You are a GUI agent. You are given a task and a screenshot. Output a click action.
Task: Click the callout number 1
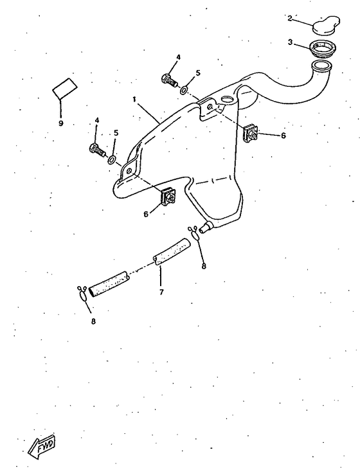coord(134,99)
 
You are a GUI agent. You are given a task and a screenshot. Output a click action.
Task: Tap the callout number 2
coord(289,18)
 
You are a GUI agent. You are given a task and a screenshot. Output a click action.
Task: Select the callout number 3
coord(290,42)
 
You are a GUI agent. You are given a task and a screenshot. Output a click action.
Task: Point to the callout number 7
coord(161,292)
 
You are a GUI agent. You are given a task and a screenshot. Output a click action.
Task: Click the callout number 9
coord(61,123)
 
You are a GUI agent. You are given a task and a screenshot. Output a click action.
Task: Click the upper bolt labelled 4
coord(170,80)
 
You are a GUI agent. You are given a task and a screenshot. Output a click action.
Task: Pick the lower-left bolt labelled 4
coord(97,150)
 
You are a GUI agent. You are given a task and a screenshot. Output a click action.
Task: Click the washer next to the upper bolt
coord(184,89)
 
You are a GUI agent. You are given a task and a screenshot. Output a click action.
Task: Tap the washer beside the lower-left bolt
coord(111,159)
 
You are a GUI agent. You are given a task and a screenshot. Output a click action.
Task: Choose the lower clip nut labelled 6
coord(168,196)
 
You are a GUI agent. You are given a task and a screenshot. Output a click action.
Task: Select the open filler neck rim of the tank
coord(321,66)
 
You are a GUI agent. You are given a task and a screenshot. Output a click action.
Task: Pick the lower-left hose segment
coord(109,285)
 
